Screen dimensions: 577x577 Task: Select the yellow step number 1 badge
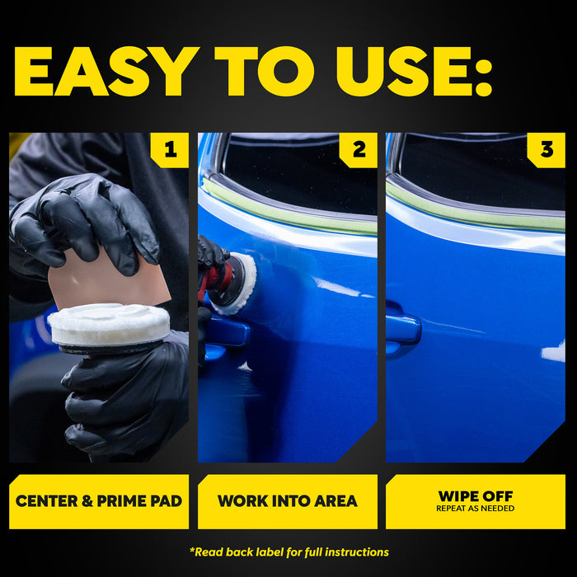pos(170,150)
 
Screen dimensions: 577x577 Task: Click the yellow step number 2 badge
pos(359,150)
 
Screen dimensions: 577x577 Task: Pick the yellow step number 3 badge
pos(547,150)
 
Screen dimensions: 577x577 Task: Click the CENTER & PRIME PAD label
pos(99,501)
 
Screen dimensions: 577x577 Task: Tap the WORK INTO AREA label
pos(288,501)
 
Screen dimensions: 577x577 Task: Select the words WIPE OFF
pos(476,496)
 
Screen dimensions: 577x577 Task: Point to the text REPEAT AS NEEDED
pos(476,509)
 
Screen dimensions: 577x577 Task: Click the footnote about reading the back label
pos(289,552)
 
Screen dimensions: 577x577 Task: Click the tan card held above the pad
pos(109,278)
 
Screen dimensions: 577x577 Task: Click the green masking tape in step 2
pos(288,208)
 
